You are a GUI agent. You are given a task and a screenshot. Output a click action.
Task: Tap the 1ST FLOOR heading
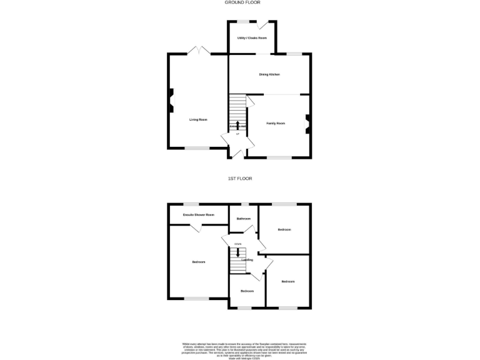[239, 179]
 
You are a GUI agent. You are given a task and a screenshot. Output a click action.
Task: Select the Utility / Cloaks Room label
[252, 38]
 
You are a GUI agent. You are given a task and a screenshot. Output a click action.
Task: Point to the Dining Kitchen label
[269, 74]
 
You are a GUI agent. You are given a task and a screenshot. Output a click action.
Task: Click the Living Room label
[199, 119]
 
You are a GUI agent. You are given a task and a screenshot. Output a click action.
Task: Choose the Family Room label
[276, 124]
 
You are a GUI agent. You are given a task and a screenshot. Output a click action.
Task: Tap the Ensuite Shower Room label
[198, 215]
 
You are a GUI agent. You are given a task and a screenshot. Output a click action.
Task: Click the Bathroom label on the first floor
[244, 219]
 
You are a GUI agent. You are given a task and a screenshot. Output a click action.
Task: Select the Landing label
[247, 259]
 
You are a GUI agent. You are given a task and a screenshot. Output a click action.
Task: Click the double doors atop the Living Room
[200, 51]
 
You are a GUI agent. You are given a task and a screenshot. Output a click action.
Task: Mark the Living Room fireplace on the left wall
[170, 101]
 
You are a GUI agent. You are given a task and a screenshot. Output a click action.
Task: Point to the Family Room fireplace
[307, 123]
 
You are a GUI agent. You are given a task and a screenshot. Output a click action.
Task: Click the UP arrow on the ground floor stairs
[237, 125]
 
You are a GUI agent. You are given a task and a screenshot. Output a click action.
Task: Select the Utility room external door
[265, 24]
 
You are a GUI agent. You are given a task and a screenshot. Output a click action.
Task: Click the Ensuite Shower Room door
[200, 229]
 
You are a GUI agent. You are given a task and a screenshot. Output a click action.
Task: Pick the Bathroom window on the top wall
[244, 204]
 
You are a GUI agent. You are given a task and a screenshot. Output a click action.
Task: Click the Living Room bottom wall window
[196, 148]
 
